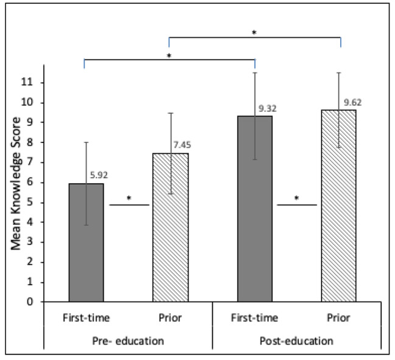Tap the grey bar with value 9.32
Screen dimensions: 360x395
[x=254, y=209]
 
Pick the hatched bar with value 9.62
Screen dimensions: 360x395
[x=339, y=206]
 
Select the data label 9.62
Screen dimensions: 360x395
[x=354, y=103]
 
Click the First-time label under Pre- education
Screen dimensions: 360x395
[x=86, y=318]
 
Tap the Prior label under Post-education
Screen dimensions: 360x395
[x=339, y=318]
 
